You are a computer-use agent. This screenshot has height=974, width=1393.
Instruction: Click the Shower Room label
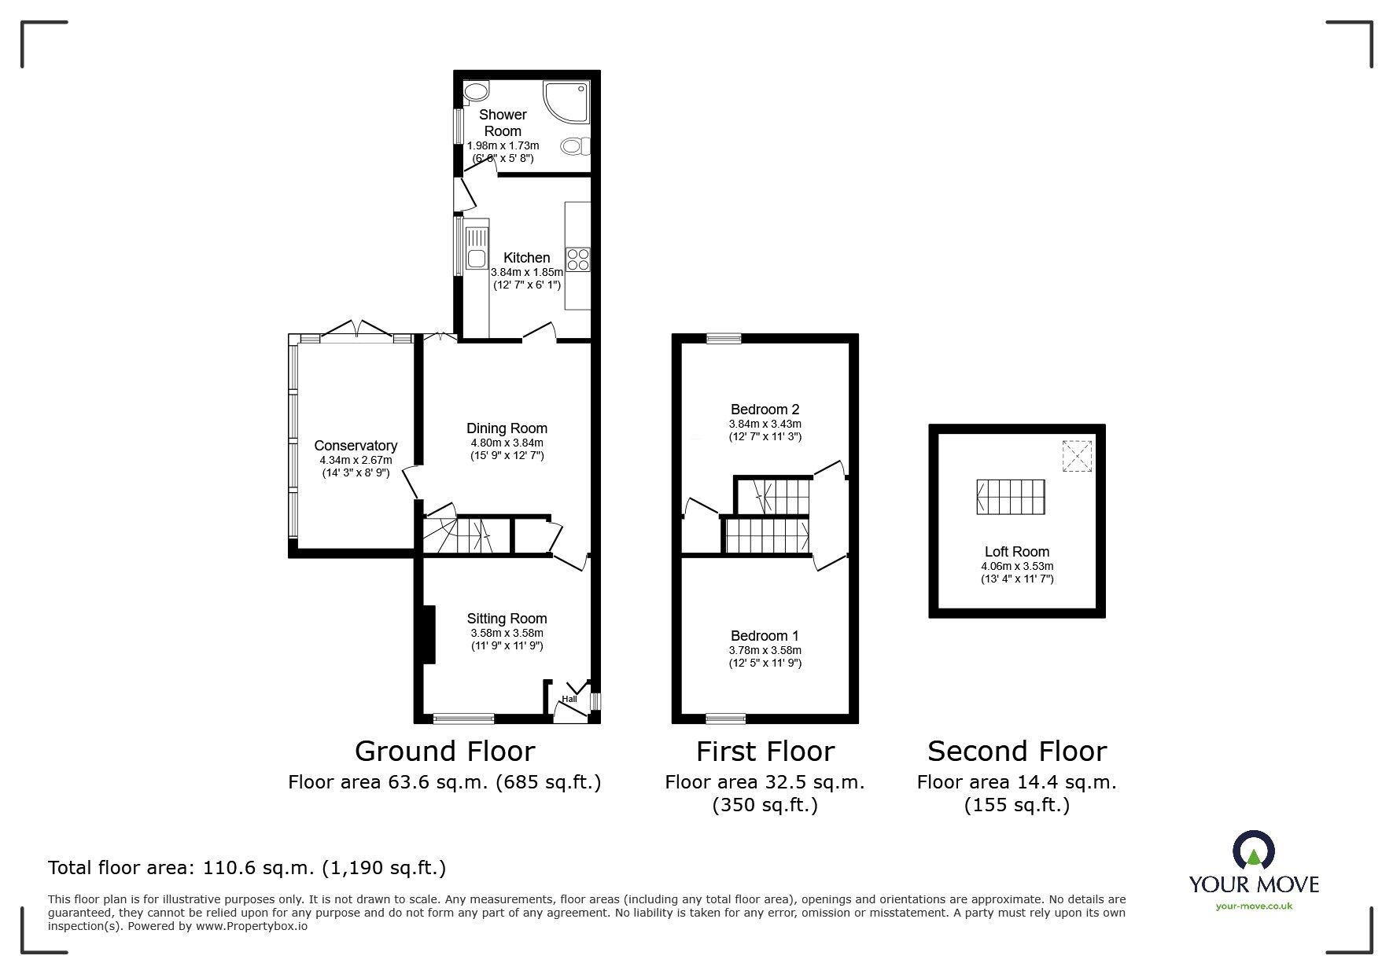click(x=503, y=123)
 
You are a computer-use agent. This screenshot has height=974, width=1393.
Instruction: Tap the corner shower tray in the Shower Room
click(x=566, y=102)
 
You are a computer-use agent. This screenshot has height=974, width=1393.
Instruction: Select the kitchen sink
click(x=477, y=247)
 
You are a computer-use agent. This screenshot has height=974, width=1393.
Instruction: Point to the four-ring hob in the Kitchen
click(x=578, y=259)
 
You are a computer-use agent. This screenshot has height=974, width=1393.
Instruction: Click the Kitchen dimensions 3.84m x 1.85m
click(x=527, y=272)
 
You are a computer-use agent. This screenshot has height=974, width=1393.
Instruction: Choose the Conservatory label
click(x=356, y=446)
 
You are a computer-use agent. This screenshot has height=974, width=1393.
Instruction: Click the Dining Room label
click(x=507, y=428)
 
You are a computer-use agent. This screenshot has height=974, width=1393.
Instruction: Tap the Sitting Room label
click(x=507, y=619)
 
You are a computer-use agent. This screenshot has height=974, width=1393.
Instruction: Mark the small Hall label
click(x=569, y=699)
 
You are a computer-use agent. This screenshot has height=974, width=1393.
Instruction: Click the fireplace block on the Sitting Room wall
click(x=429, y=634)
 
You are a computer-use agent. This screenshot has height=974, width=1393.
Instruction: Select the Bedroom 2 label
click(x=765, y=410)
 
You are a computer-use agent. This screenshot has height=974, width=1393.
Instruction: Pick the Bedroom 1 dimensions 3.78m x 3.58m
click(x=765, y=650)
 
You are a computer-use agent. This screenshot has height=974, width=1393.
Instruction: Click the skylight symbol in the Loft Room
click(x=1078, y=456)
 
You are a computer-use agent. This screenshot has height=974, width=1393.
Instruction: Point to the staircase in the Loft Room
click(x=1011, y=497)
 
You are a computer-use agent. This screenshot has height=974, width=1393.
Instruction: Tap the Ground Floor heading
click(x=444, y=752)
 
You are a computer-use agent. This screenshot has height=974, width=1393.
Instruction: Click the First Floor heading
click(x=765, y=752)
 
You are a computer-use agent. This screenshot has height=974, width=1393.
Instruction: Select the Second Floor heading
click(x=1017, y=752)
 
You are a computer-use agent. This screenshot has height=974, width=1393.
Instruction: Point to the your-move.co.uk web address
click(x=1254, y=906)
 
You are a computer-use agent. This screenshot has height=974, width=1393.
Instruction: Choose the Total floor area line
click(x=247, y=868)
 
